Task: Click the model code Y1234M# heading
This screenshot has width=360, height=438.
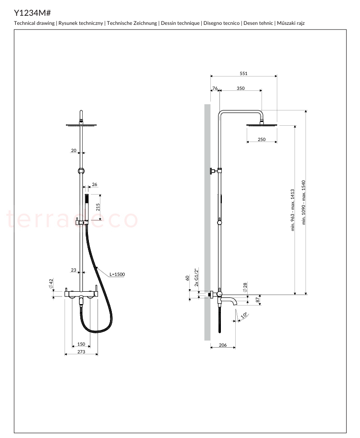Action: tap(33, 13)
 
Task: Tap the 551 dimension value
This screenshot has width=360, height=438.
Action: tap(243, 74)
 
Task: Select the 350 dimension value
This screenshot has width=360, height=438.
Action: tap(240, 88)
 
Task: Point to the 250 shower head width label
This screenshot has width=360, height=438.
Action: tap(262, 140)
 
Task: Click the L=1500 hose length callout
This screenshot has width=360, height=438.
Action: tap(117, 274)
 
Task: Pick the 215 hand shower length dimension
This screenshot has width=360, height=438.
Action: tap(98, 207)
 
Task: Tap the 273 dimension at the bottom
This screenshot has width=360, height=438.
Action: tap(81, 351)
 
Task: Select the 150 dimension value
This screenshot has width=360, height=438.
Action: tap(81, 344)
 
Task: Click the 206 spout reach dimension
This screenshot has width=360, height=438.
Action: tap(223, 345)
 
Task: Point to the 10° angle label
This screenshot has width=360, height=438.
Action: tap(244, 315)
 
